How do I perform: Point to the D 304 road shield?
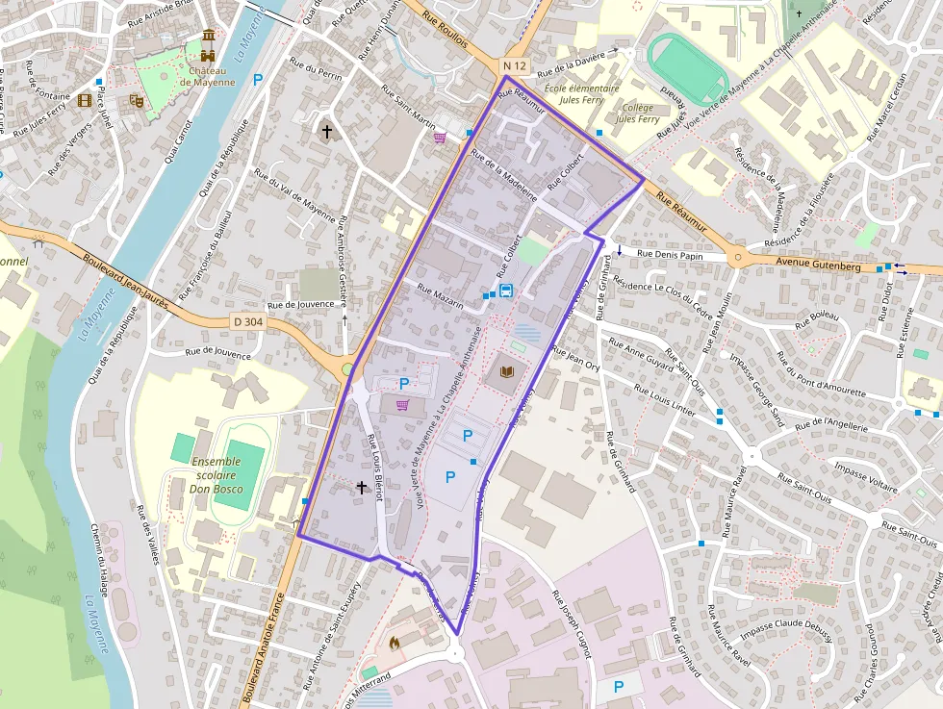click(x=247, y=322)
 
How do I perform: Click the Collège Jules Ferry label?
click(x=637, y=114)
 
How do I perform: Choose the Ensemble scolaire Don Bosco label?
click(x=217, y=475)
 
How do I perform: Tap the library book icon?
click(x=506, y=370)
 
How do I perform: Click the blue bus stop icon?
click(x=506, y=291)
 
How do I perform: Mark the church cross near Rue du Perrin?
click(x=326, y=131)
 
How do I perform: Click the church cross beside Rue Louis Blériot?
click(x=362, y=488)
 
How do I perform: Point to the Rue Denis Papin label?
click(x=671, y=256)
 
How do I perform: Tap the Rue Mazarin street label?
click(x=441, y=295)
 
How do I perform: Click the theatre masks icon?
click(x=136, y=99)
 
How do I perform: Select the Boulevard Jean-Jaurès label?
click(x=126, y=280)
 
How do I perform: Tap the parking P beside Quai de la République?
click(x=257, y=80)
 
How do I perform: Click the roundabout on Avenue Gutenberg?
click(x=738, y=256)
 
